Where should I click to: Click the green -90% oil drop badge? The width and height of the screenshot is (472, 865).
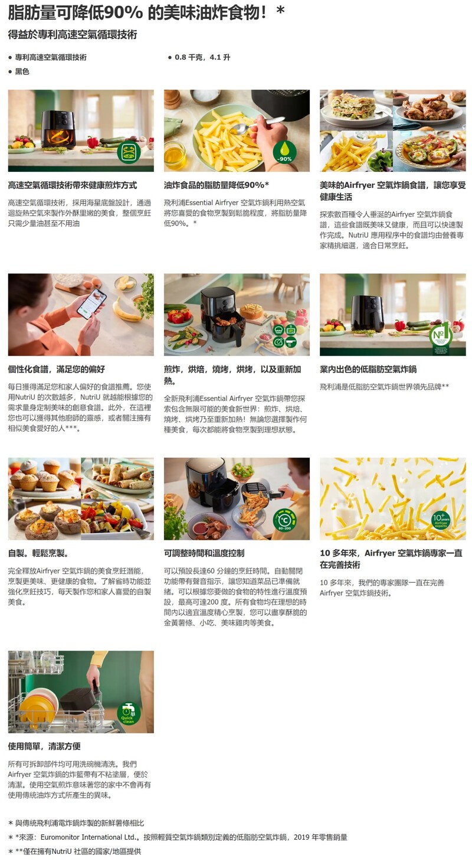[x=285, y=151]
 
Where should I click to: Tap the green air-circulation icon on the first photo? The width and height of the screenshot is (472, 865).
[x=129, y=152]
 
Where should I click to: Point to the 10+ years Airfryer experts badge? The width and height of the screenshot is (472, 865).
[x=441, y=520]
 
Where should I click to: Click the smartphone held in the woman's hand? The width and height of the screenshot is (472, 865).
[x=92, y=303]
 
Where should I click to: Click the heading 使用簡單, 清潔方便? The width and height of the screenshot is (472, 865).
[x=44, y=746]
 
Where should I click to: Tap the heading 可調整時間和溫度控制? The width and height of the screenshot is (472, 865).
[x=204, y=553]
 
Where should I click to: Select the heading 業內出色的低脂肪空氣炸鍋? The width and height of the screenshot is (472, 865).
[x=368, y=369]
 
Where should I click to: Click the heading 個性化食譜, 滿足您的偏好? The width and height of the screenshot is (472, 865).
[x=57, y=369]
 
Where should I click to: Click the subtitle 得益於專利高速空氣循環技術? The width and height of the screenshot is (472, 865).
[x=73, y=35]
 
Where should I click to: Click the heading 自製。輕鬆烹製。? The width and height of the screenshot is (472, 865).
[x=38, y=553]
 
